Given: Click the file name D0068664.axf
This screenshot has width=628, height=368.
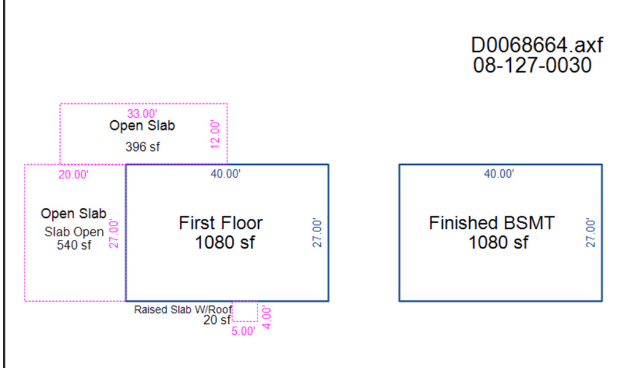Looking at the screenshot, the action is tap(537, 45).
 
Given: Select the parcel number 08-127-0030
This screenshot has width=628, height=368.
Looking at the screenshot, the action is tap(532, 65).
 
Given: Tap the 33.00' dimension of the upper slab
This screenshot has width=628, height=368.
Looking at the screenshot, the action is tap(142, 113).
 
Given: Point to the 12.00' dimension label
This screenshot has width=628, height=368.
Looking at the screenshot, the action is tap(215, 134).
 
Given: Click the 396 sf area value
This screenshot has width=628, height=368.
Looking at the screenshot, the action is tap(142, 147).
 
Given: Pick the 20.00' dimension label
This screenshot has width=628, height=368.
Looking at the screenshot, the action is tap(74, 175).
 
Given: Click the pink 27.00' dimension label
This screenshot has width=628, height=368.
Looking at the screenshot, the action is tap(113, 234).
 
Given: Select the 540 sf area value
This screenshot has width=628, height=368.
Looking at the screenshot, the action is tap(74, 245).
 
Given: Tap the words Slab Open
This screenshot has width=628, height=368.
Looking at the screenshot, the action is tap(74, 232).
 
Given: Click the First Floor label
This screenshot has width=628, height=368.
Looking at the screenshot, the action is tap(221, 223).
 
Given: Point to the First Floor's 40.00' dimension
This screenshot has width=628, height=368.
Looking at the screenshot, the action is tap(226, 174).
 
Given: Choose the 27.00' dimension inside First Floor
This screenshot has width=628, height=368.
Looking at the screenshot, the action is tap(317, 232).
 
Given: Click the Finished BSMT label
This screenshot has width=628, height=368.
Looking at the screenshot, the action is tap(492, 223).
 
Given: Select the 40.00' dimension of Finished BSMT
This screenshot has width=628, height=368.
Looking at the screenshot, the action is tap(499, 174).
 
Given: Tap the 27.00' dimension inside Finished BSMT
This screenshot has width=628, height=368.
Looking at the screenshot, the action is tap(591, 232).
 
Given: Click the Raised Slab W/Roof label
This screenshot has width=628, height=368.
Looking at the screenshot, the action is tap(183, 310).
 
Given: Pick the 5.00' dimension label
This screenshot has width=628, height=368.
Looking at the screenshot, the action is tap(243, 332).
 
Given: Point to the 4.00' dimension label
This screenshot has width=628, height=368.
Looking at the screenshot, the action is tap(266, 318).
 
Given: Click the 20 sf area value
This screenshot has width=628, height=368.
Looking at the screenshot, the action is tap(217, 320).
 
